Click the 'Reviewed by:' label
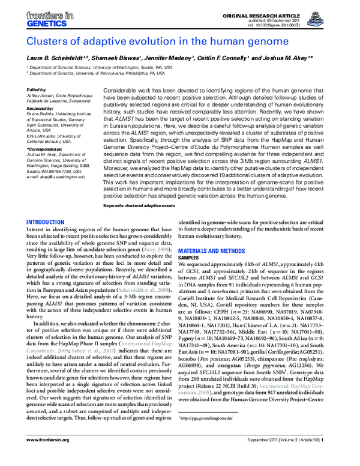click(40, 107)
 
